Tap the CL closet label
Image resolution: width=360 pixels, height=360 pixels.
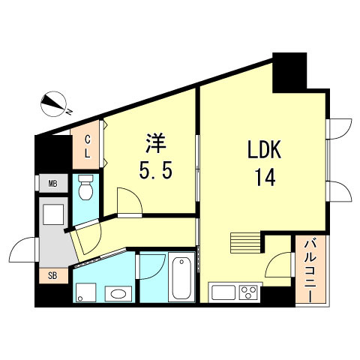[x=87, y=145]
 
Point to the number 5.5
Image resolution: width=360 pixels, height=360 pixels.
[x=157, y=171]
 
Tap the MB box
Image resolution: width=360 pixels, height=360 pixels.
[x=53, y=184]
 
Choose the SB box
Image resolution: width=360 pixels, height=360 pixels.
[x=53, y=274]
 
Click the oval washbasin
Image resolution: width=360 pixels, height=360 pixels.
[x=115, y=292]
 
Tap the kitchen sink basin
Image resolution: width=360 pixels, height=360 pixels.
[x=223, y=292]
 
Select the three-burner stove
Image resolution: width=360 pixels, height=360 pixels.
[x=248, y=292]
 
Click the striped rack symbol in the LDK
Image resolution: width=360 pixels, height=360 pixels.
[x=244, y=242]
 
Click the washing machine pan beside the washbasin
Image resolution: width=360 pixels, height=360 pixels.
[x=84, y=292]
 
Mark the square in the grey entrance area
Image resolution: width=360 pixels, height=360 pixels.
[x=55, y=215]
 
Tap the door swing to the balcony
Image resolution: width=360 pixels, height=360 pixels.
[x=279, y=264]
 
